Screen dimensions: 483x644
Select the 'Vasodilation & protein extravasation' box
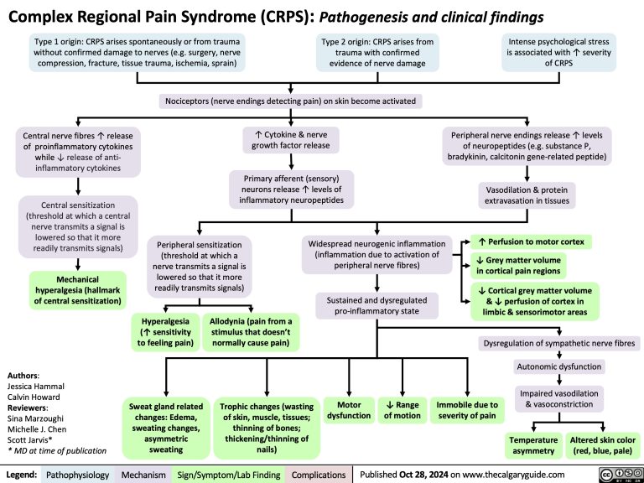[526, 195]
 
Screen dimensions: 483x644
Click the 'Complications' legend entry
[319, 475]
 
